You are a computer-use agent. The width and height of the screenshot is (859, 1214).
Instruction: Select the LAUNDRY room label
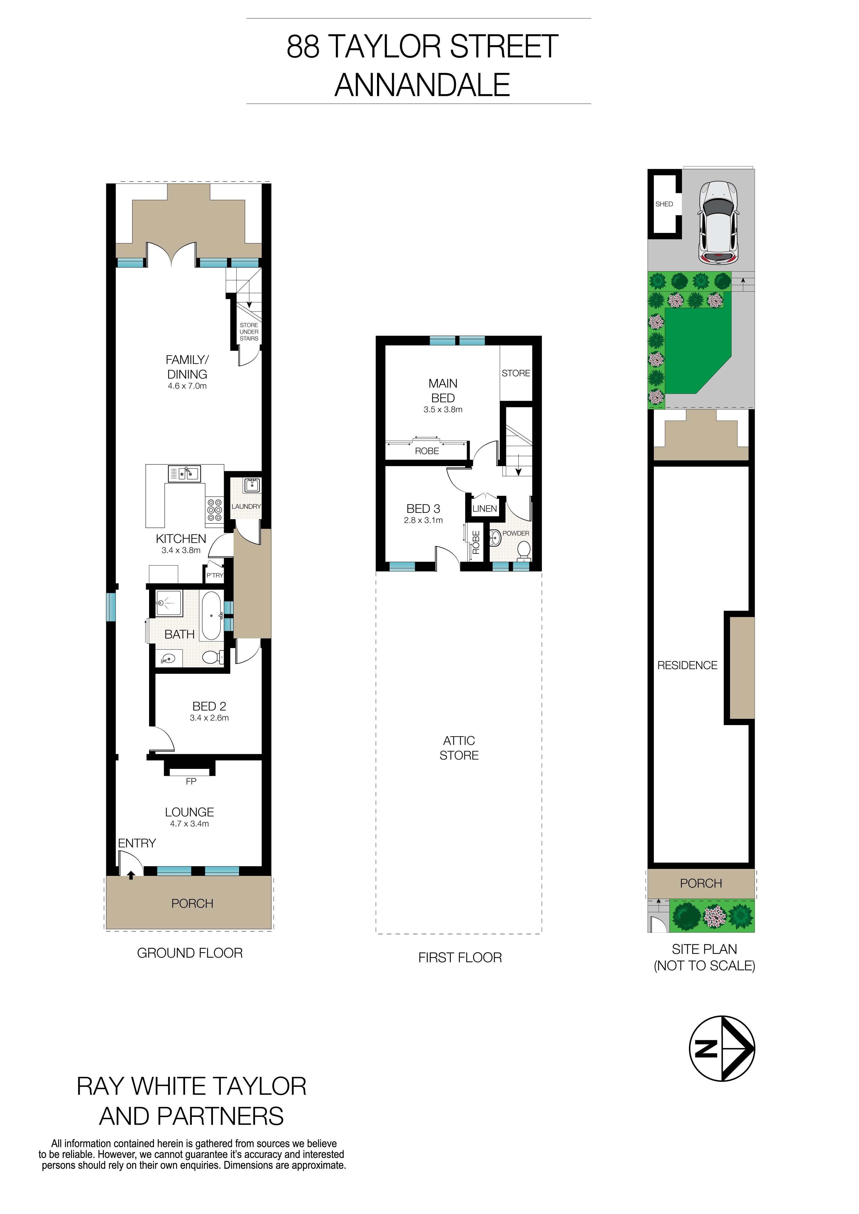click(x=246, y=507)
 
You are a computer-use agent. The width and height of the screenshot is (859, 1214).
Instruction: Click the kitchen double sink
click(x=184, y=474)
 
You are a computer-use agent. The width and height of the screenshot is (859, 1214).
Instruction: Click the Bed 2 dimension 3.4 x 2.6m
click(x=209, y=718)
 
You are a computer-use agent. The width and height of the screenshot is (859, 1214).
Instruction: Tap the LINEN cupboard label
click(x=484, y=509)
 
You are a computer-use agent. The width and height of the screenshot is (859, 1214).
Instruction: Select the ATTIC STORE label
click(x=459, y=748)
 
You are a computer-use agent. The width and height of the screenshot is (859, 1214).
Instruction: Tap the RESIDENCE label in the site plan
click(x=687, y=666)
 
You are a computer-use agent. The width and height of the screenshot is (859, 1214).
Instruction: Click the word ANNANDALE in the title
click(x=422, y=85)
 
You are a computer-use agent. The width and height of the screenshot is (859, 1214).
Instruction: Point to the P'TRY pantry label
click(x=215, y=575)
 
